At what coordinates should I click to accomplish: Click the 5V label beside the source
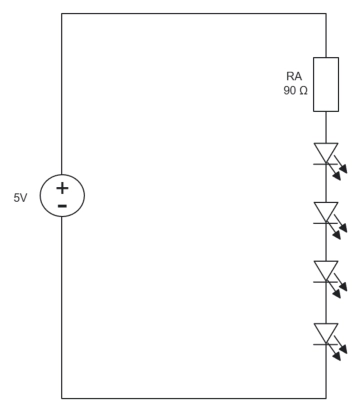[x=20, y=198]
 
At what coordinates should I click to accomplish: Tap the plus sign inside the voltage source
[x=62, y=187]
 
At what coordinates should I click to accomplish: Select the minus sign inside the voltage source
[x=62, y=206]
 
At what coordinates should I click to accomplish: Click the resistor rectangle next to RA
[x=326, y=84]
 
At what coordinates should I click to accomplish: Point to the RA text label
[x=294, y=76]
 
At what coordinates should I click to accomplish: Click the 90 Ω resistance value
[x=295, y=91]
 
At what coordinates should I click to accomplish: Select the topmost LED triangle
[x=326, y=152]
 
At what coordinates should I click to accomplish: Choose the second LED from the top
[x=326, y=212]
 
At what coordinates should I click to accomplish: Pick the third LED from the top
[x=326, y=271]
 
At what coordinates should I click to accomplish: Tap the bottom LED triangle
[x=326, y=333]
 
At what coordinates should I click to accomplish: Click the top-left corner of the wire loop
[x=62, y=14]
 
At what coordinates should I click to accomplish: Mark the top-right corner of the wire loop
[x=326, y=14]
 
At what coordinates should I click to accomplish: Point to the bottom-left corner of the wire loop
[x=62, y=398]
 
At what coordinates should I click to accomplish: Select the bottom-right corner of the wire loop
[x=326, y=398]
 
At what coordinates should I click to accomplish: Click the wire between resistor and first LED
[x=326, y=126]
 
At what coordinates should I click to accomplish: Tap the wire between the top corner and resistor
[x=326, y=36]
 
